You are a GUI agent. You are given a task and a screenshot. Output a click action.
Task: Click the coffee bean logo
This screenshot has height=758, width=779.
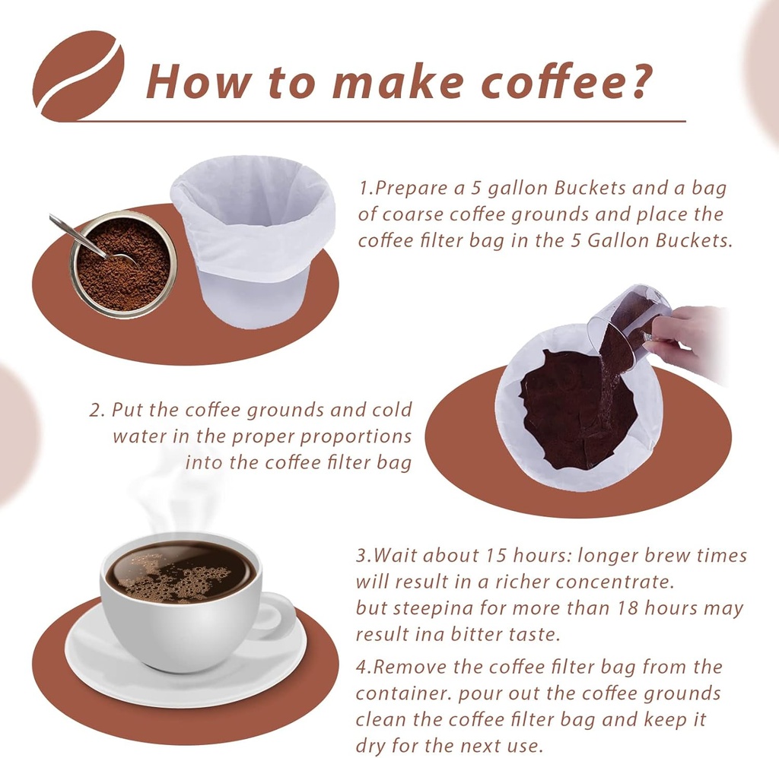[x=78, y=76]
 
